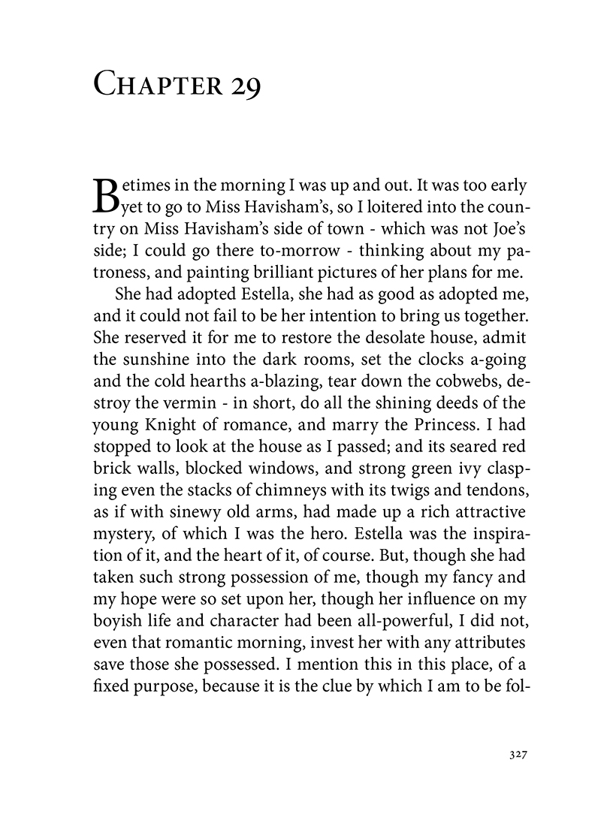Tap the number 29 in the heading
click(243, 83)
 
